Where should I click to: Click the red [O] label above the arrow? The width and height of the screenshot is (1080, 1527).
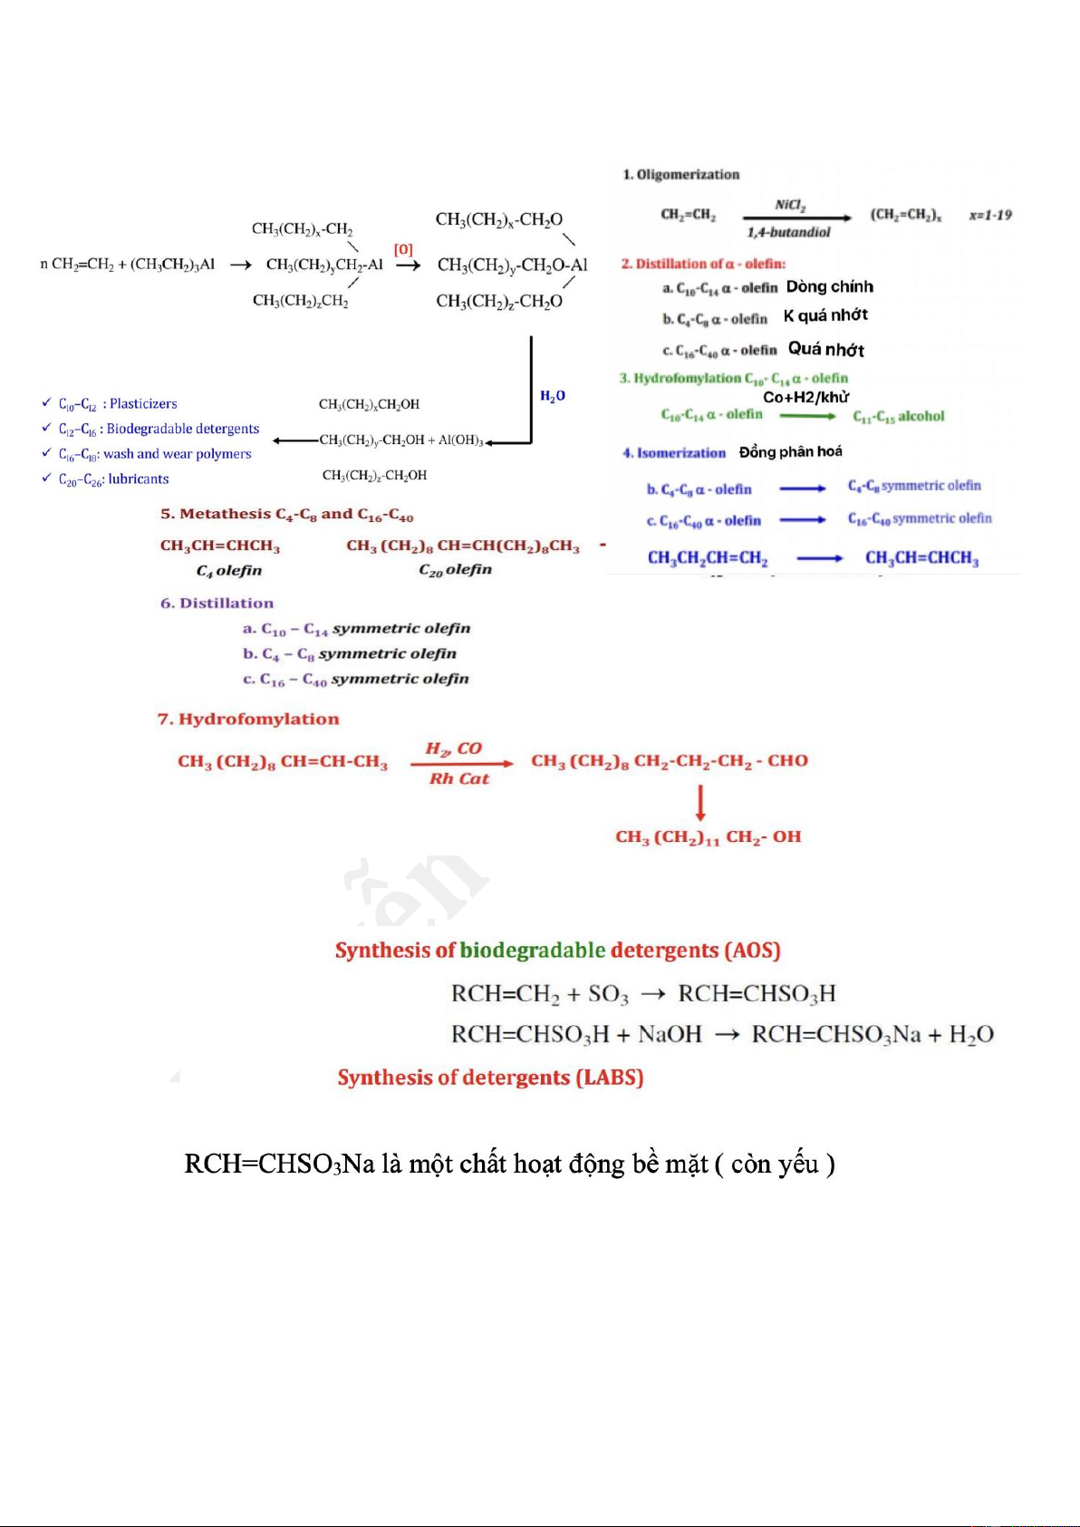403,249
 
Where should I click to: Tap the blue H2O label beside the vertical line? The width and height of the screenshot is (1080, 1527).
553,396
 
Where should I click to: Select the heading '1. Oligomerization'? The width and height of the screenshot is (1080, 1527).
681,174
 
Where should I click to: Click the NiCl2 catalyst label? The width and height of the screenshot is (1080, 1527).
790,205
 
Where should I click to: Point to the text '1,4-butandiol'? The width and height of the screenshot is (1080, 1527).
788,232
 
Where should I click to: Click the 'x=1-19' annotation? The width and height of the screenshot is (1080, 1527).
990,215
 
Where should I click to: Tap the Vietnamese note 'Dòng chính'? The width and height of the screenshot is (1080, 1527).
830,287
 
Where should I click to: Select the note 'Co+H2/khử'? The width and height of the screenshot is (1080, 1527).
806,397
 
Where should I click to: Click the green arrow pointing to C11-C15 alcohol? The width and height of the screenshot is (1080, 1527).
807,416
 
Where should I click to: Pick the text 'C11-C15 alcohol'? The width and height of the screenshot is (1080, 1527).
899,417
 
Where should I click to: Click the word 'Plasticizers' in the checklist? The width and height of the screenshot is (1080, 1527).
143,404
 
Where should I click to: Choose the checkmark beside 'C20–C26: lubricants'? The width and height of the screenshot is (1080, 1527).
46,478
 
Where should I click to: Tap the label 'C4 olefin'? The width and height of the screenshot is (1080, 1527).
229,571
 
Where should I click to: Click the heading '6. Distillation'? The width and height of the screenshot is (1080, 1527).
217,604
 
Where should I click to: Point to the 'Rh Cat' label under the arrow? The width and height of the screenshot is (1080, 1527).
459,778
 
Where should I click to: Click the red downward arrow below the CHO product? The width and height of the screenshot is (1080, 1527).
700,802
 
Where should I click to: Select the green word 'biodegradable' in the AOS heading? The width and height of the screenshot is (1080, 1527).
533,950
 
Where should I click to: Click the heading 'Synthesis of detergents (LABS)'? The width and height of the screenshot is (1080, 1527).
490,1078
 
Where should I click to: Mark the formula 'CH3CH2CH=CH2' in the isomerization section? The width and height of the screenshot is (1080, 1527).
708,558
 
